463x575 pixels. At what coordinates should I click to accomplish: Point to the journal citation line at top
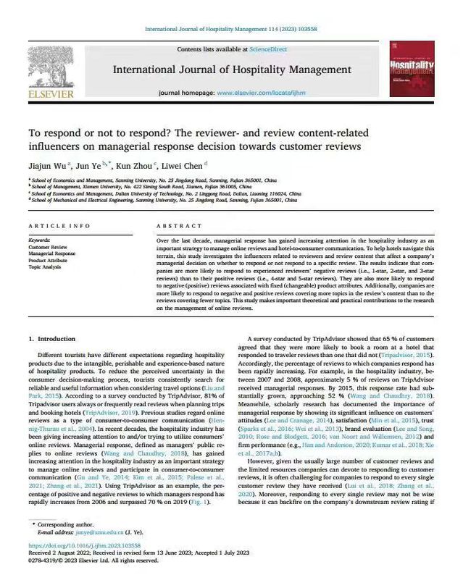(x=231, y=30)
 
